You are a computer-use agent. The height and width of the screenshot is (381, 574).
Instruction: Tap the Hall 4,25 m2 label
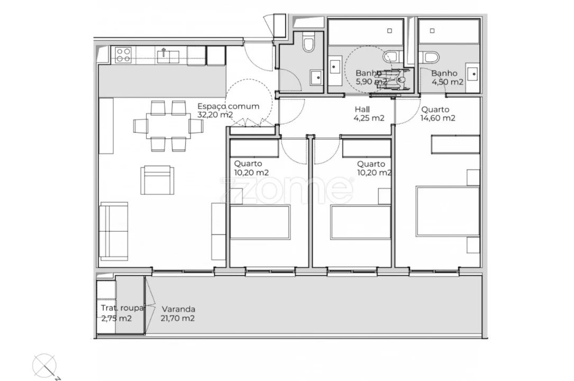(x=369, y=114)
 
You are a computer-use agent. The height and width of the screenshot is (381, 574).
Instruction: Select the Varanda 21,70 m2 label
(x=178, y=313)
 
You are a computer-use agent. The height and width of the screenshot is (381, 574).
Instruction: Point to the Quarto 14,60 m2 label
(x=438, y=114)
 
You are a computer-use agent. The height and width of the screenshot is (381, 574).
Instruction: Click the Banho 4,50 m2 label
(x=447, y=77)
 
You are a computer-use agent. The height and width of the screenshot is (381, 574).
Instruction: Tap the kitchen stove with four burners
(x=123, y=55)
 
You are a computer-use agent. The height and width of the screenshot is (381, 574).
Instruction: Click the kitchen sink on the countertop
(x=164, y=55)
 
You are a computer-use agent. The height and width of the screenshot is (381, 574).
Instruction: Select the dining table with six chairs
(x=168, y=126)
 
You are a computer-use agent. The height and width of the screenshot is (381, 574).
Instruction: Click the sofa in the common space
(x=114, y=231)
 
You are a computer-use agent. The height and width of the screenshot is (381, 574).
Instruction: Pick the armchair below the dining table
(x=157, y=180)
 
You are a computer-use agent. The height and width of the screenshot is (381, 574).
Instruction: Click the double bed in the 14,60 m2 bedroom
(x=448, y=211)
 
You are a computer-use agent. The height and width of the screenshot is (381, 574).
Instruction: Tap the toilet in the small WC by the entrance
(x=309, y=43)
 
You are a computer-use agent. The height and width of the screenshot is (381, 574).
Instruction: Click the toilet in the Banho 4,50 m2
(x=431, y=57)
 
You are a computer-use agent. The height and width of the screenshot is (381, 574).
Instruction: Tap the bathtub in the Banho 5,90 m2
(x=365, y=33)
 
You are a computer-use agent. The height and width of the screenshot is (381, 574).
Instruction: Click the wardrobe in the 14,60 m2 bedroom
(x=455, y=144)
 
